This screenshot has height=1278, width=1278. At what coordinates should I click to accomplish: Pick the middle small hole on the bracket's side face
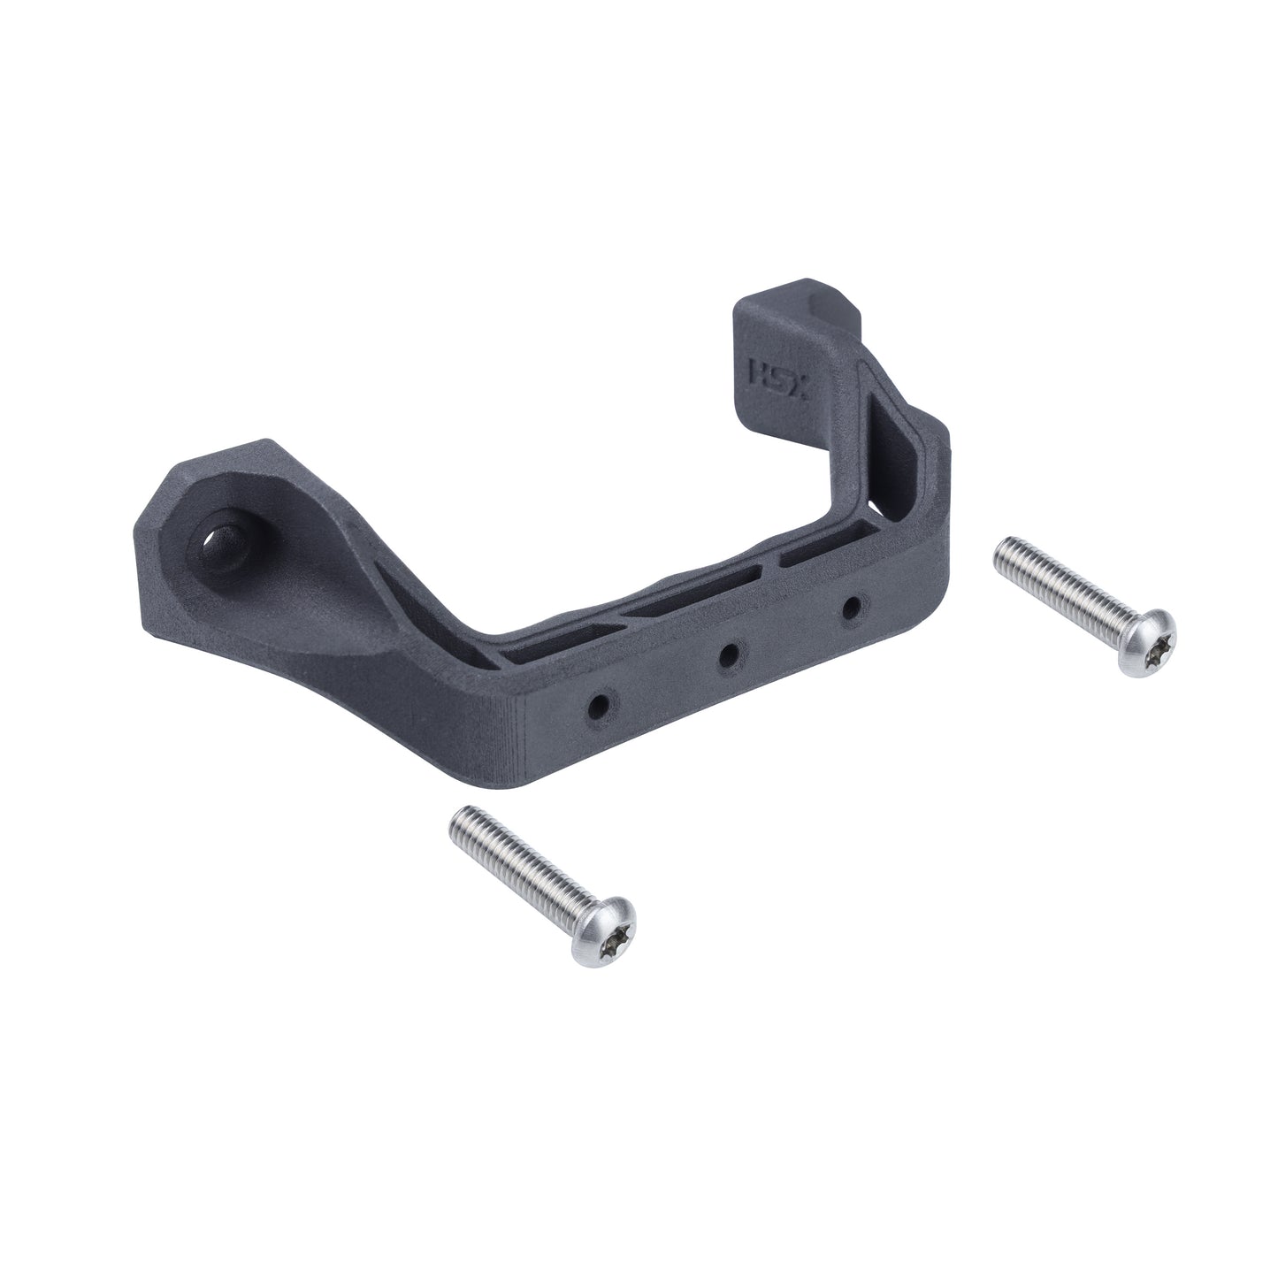729,654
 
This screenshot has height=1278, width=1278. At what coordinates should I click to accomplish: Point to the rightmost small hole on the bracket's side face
852,607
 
